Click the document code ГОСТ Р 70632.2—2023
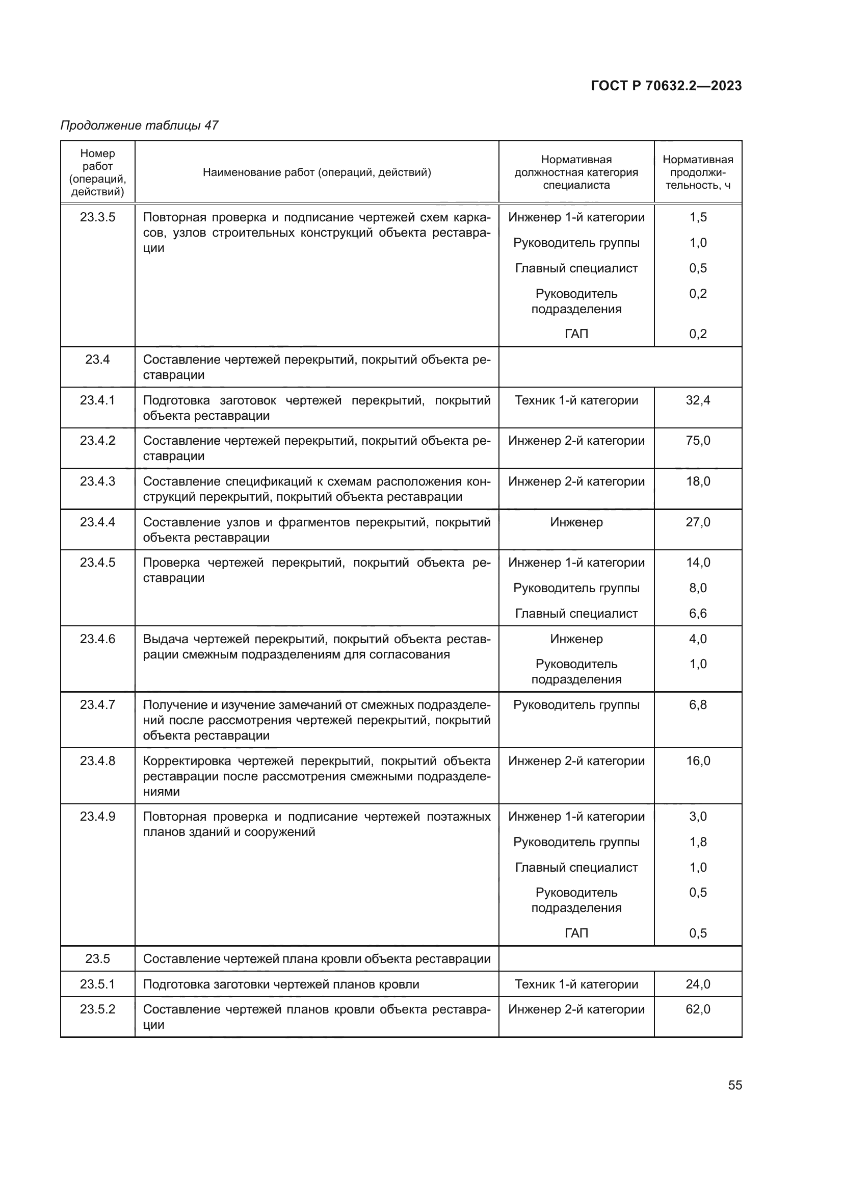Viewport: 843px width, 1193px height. (x=666, y=86)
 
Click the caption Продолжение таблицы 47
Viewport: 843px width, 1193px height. (x=139, y=125)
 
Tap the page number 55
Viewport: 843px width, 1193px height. (x=734, y=1085)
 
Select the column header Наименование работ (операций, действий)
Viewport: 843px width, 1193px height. (x=317, y=172)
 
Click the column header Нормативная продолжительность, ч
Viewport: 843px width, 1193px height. (x=698, y=172)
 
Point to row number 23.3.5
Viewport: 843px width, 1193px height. (x=97, y=217)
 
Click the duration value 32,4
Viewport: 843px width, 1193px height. (x=698, y=400)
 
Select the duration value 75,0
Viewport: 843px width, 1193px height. (x=698, y=441)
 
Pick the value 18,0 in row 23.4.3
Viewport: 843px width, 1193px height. (x=698, y=481)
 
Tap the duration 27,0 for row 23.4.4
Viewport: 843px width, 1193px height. (x=698, y=522)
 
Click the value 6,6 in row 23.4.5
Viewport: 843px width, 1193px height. (x=698, y=614)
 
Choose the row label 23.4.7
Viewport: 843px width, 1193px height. (x=97, y=705)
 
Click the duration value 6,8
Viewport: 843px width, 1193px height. (x=698, y=705)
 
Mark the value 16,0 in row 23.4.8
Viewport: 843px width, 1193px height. (x=698, y=761)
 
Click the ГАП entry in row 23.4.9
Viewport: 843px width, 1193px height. (x=576, y=933)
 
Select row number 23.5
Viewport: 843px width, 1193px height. (x=97, y=959)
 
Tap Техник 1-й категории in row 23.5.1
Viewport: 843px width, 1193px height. (x=576, y=984)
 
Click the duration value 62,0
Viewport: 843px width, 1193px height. (x=698, y=1009)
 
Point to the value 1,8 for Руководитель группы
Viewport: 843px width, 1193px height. (x=698, y=842)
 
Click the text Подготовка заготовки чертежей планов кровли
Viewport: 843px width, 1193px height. (x=281, y=984)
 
